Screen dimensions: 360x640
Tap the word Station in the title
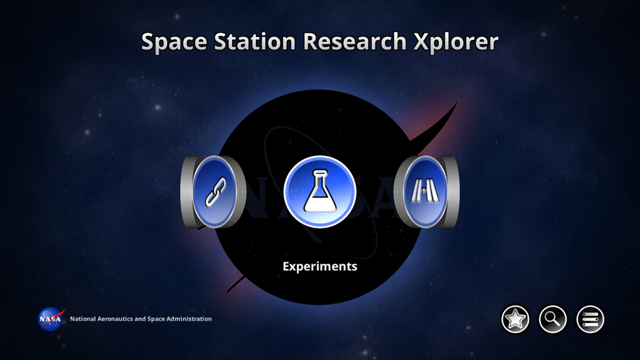[250, 42]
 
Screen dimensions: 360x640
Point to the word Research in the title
[354, 42]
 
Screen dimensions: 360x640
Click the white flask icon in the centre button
[320, 191]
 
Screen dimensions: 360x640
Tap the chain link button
[215, 191]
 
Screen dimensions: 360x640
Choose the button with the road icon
[424, 191]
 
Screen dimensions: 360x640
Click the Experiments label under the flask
[320, 266]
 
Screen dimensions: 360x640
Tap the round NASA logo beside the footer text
[51, 319]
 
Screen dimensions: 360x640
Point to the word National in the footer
[83, 319]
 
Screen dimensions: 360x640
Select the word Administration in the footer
[188, 319]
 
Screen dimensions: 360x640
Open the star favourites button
[515, 319]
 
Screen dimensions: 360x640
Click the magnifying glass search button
[553, 319]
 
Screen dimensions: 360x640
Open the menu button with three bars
[590, 319]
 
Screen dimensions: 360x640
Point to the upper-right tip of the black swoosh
[456, 104]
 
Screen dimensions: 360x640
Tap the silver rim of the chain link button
[186, 191]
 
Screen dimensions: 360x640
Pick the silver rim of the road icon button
[453, 191]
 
